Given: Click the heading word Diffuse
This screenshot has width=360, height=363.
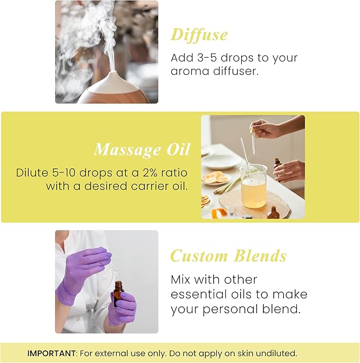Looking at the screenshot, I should click(x=199, y=34).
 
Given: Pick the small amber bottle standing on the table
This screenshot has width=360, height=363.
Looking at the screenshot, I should click(x=273, y=213).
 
